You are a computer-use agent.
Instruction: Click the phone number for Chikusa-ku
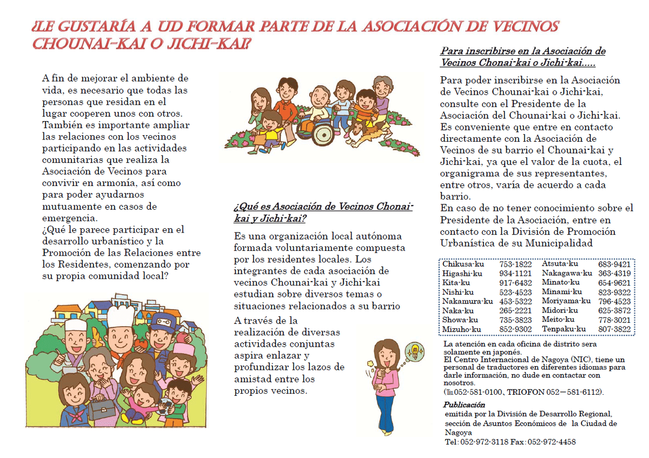click(515, 264)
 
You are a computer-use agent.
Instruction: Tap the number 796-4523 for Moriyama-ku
click(614, 301)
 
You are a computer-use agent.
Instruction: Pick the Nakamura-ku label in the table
click(467, 301)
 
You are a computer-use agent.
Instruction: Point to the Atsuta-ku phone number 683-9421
click(614, 264)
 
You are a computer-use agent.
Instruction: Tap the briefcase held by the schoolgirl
click(101, 411)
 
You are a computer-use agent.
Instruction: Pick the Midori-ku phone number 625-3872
click(614, 310)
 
